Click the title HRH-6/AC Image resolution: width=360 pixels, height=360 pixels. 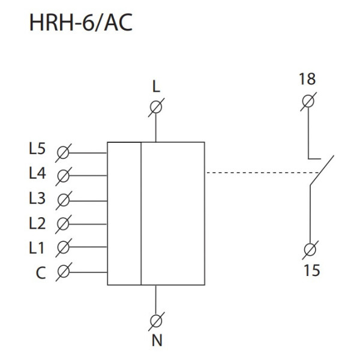(80, 25)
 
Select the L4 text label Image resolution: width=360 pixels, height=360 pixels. (37, 175)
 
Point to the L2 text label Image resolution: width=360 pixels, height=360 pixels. (37, 223)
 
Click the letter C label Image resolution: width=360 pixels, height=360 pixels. (40, 273)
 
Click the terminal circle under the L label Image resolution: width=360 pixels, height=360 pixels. (156, 108)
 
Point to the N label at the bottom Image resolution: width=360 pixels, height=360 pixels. (157, 341)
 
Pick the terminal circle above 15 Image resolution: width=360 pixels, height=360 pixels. (311, 248)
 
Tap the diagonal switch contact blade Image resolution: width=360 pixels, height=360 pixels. (321, 171)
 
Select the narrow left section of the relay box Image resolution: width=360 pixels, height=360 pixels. (124, 213)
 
